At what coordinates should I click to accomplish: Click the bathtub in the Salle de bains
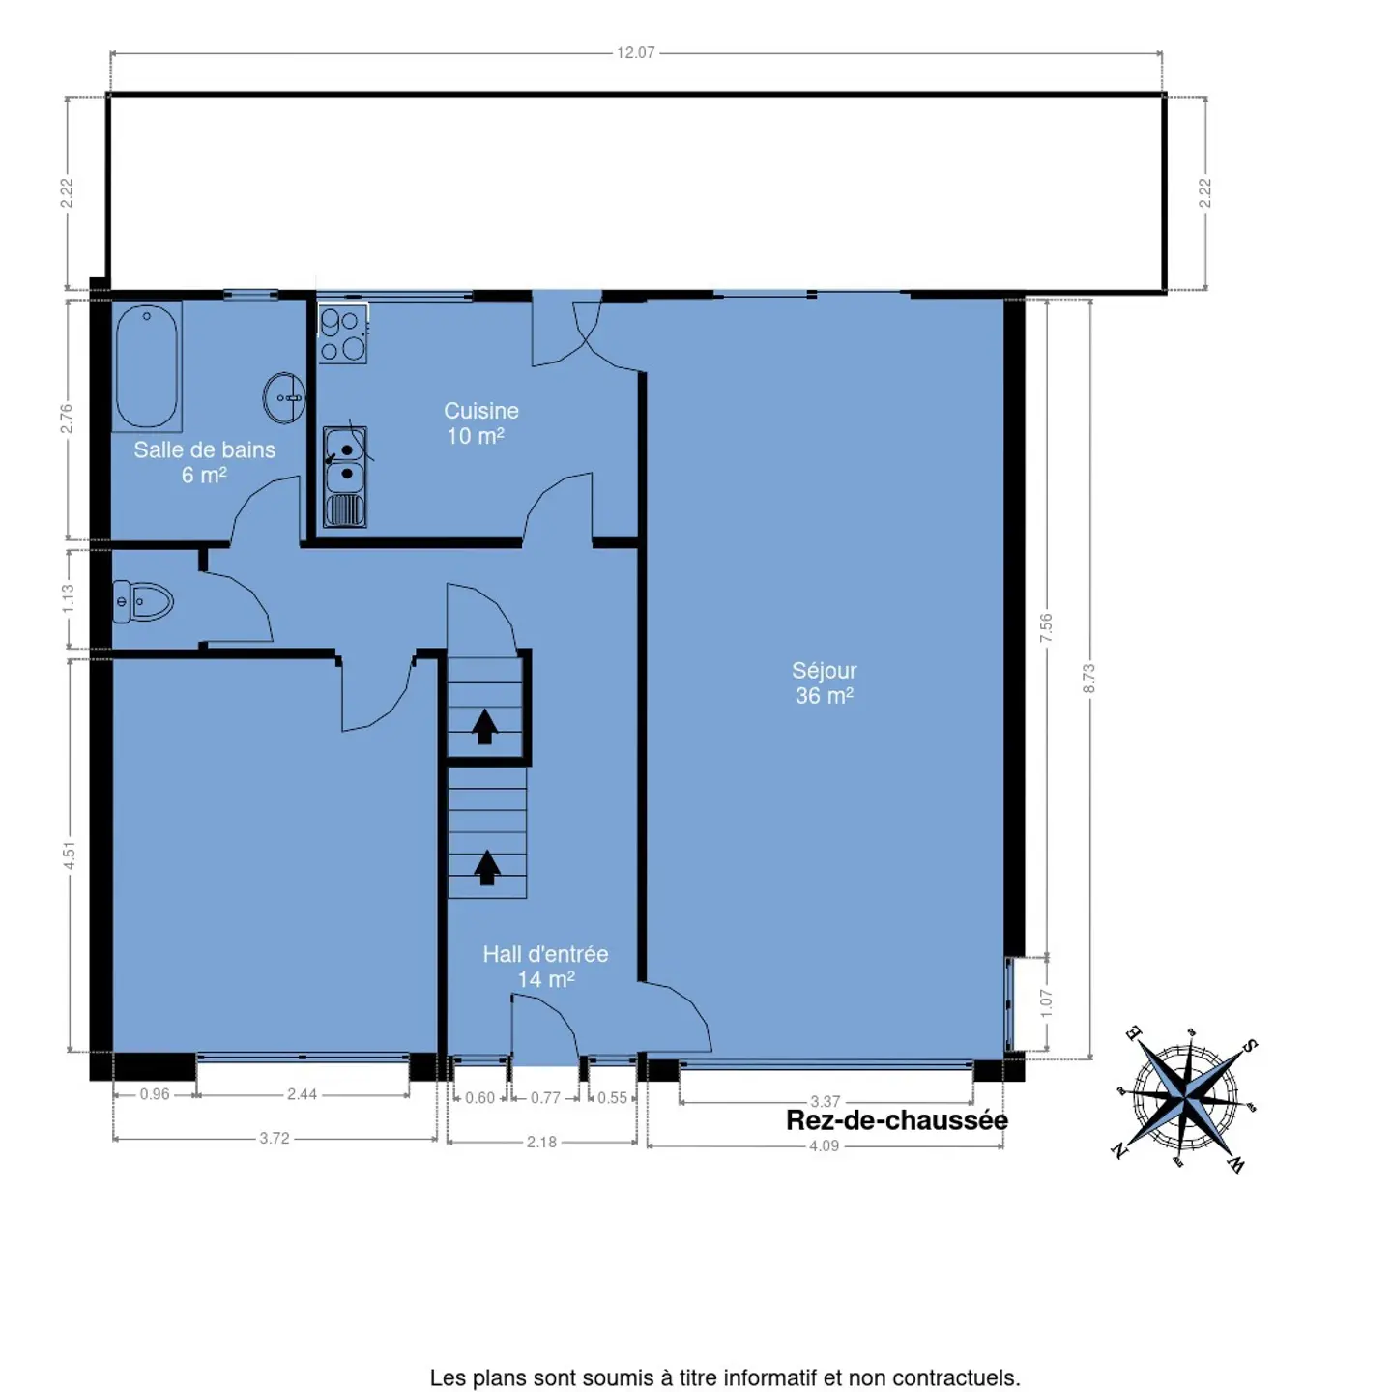point(147,366)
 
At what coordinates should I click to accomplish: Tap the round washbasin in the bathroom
point(284,398)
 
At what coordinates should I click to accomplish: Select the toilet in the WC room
point(143,601)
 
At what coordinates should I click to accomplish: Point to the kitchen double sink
point(344,477)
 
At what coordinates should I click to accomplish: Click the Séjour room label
point(825,682)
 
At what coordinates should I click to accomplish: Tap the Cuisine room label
point(480,423)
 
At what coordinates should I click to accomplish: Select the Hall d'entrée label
point(545,967)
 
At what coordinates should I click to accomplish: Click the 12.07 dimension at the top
point(636,53)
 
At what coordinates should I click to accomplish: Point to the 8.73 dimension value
point(1088,679)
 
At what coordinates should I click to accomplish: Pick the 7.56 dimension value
point(1046,627)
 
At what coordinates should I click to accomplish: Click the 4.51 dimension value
point(69,856)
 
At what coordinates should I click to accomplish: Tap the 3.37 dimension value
point(825,1102)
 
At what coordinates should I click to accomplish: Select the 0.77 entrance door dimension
point(545,1098)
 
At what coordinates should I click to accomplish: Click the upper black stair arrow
point(484,726)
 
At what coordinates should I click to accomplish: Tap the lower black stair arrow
point(487,867)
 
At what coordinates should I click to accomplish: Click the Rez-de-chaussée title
point(897,1120)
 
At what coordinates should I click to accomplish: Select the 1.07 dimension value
point(1046,1002)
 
